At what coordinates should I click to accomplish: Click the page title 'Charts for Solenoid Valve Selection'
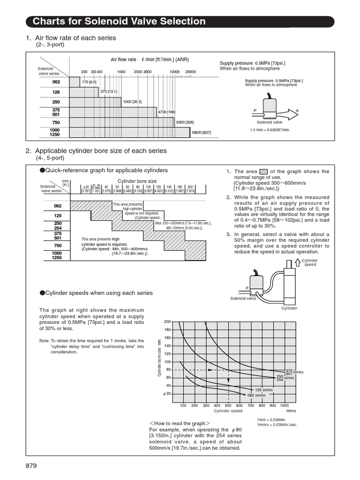click(x=119, y=21)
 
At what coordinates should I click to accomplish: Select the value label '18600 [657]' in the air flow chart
click(x=201, y=133)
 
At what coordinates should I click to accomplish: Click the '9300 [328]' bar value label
click(x=185, y=122)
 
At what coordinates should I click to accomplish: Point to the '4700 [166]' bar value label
click(x=166, y=112)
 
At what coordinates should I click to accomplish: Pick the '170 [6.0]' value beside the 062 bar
click(x=89, y=82)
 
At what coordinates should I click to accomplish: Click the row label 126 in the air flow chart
click(x=56, y=92)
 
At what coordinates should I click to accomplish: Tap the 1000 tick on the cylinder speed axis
click(x=284, y=405)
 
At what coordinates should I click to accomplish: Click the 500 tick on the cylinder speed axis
click(x=228, y=405)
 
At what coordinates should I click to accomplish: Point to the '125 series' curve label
click(x=264, y=390)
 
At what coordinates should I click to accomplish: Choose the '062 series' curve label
click(x=257, y=395)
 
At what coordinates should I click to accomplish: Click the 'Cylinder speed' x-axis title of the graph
click(x=228, y=411)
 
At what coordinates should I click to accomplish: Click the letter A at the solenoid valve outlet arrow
click(x=297, y=110)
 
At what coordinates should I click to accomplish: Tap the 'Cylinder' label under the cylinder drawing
click(x=289, y=308)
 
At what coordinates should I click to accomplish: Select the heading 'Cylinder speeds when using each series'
click(x=98, y=292)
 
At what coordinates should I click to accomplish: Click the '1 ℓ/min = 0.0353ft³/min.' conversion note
click(x=267, y=129)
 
